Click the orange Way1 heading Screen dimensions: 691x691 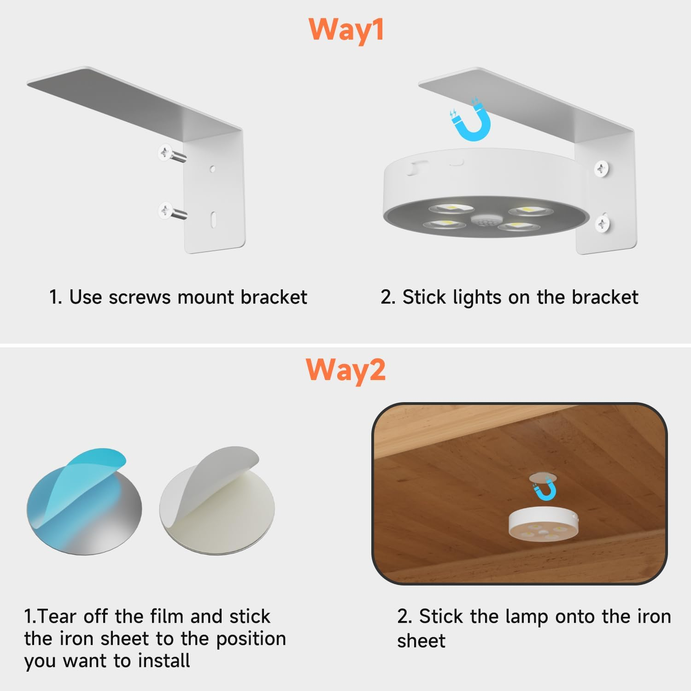pos(346,30)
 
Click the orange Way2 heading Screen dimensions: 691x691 pos(345,370)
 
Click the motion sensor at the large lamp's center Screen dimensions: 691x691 pos(484,221)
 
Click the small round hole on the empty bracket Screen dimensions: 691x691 pos(212,169)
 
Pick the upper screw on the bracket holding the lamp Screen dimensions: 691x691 pos(602,169)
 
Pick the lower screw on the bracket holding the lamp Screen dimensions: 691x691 pos(603,223)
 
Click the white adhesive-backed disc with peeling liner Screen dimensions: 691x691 pos(217,502)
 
